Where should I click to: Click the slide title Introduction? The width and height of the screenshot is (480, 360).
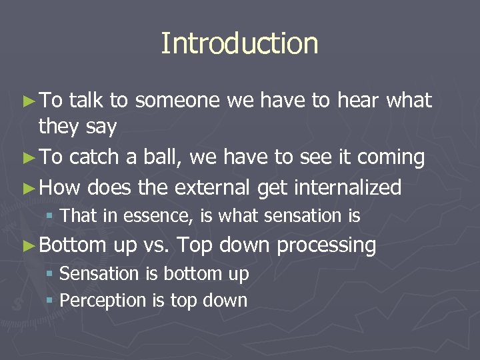tap(239, 44)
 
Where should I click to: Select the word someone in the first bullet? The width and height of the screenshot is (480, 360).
tap(178, 101)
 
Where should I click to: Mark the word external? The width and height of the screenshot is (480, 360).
tap(211, 188)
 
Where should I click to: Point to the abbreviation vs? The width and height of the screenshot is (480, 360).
tap(157, 245)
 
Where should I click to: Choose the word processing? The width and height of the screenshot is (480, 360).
tap(326, 245)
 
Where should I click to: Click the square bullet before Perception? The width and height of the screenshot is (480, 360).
tap(51, 301)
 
